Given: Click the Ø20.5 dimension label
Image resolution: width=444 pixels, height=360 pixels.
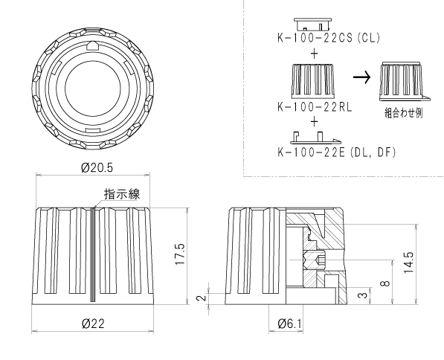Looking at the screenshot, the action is [x=97, y=168].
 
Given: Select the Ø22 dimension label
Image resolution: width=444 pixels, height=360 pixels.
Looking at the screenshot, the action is [x=93, y=324].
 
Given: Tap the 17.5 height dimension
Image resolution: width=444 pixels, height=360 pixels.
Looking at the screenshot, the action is [x=180, y=254].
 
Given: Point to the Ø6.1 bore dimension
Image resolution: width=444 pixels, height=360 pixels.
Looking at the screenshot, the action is [x=289, y=324].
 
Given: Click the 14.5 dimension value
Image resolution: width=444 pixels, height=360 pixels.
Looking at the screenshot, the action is [x=408, y=263].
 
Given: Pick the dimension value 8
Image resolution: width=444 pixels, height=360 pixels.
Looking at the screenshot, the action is [x=385, y=283].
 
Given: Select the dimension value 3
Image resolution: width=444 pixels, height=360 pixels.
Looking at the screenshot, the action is [x=363, y=295].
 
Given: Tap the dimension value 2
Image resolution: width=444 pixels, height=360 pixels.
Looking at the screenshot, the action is [x=201, y=298].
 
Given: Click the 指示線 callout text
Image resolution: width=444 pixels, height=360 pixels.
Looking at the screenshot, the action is [x=122, y=194].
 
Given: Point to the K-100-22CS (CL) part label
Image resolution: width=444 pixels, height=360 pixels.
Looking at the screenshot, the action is [x=329, y=38].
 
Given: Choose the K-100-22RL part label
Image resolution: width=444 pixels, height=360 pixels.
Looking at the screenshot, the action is [x=315, y=107].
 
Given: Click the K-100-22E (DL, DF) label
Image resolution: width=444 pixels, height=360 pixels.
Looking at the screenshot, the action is [x=336, y=152].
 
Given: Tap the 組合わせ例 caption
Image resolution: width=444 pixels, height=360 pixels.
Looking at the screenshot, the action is [x=404, y=113].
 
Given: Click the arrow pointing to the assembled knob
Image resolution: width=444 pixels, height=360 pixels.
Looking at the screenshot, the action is [x=361, y=77].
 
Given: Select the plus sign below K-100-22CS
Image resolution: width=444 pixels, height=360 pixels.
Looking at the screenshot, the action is [x=314, y=54].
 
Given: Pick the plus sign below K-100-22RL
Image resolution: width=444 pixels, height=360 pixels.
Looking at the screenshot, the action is [x=314, y=122].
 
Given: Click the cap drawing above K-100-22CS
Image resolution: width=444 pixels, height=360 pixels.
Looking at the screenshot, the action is [x=312, y=25].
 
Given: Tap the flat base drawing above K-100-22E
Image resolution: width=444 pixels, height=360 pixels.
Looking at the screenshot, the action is [x=315, y=138].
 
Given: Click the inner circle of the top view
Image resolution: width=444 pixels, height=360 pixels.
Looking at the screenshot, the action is [x=93, y=89].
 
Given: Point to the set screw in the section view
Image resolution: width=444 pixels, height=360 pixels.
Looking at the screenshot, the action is [x=315, y=260].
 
